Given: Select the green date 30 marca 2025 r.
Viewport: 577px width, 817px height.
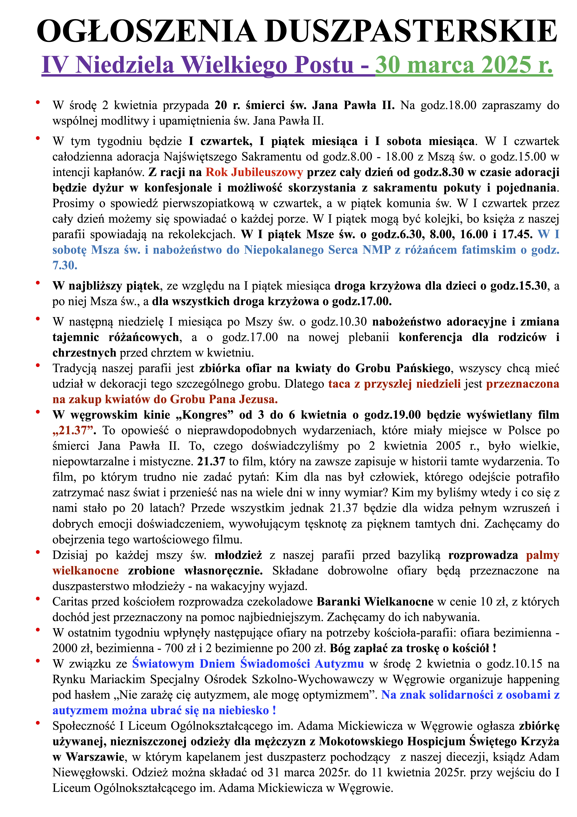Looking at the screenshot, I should (x=464, y=65).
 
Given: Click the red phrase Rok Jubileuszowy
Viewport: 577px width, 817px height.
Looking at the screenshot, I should (x=254, y=172).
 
